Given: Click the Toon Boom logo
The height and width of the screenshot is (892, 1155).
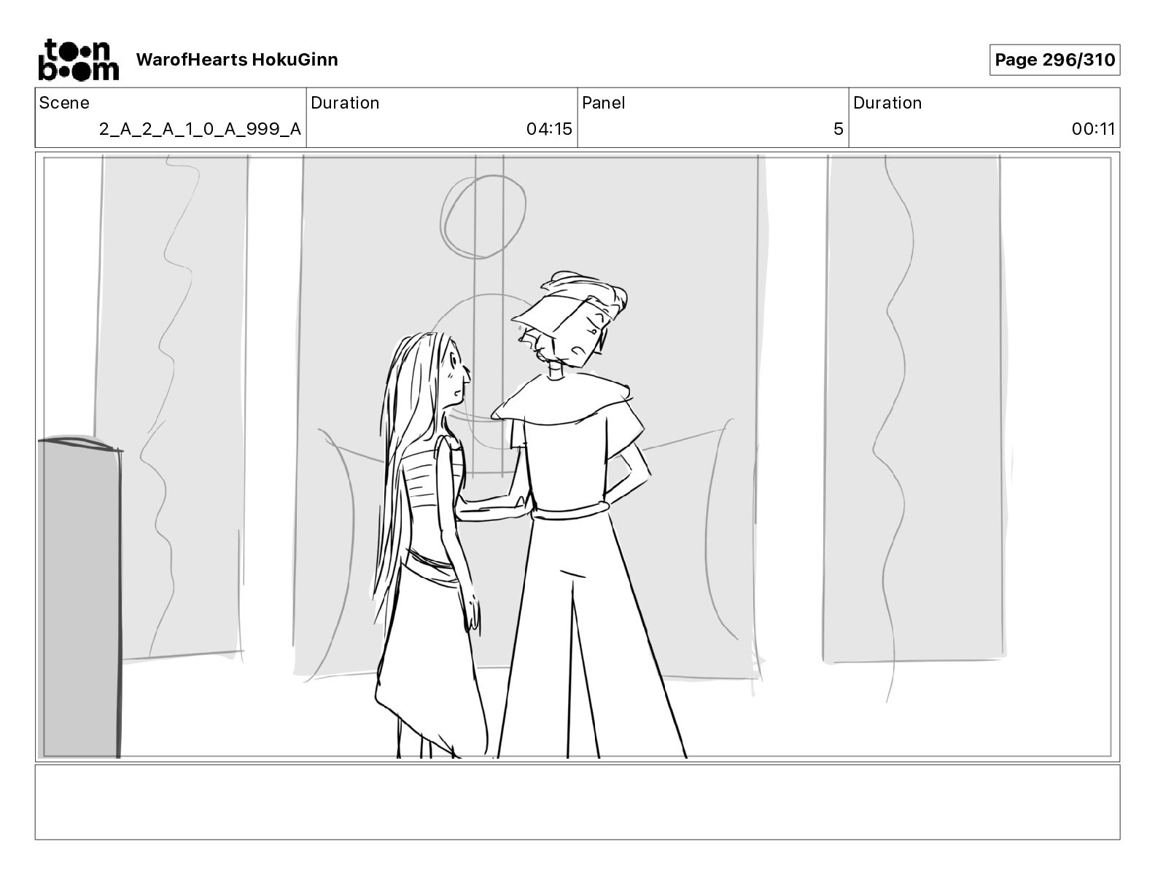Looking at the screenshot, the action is coord(79,60).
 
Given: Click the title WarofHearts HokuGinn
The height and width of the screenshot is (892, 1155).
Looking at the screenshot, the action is coord(236,60).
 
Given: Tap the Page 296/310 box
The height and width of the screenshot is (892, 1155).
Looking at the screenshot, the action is coord(1054,60).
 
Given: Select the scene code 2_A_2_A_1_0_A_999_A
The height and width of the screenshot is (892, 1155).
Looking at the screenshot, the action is coord(200,129).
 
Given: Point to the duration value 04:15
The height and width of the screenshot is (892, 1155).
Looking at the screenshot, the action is coord(549,129).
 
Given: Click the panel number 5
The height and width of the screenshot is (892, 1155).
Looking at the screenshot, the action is coord(839,129).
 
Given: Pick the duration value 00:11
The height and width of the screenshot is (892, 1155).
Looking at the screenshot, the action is coord(1093,129).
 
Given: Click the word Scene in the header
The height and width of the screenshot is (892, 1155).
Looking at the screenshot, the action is coord(64,103).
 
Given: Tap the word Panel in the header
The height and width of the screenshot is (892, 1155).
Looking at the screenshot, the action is coord(603,103).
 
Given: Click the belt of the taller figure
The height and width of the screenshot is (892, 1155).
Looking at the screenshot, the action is coord(569,512).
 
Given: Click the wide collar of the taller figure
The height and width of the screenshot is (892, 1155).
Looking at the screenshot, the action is coord(561,401).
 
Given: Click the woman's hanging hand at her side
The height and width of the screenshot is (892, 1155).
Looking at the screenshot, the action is coord(472,611).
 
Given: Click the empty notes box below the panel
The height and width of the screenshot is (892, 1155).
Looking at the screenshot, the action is coord(577,802).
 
